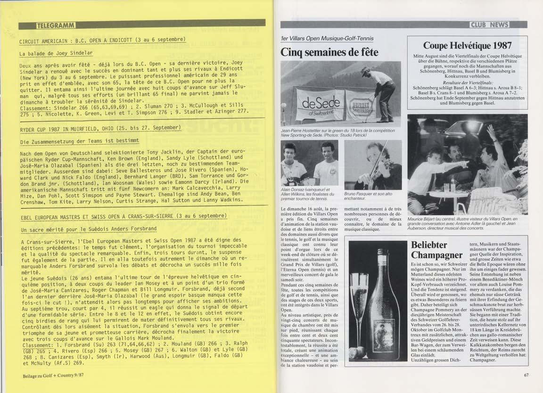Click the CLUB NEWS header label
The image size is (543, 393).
click(496, 25)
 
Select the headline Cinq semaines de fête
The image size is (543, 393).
click(329, 52)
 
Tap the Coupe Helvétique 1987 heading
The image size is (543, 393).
click(467, 46)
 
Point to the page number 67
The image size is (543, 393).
click(526, 375)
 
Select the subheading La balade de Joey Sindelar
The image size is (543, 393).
click(56, 53)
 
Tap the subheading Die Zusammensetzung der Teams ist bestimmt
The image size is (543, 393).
click(79, 141)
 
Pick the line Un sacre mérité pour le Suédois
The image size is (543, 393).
click(88, 229)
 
